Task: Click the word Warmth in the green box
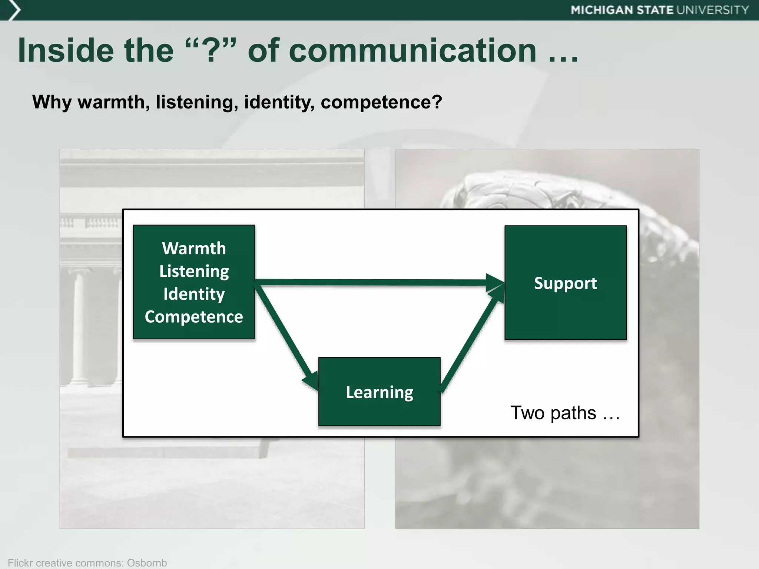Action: pos(194,248)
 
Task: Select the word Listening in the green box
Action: pos(194,271)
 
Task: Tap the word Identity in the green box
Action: pos(194,294)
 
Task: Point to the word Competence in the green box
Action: pos(194,317)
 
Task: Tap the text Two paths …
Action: pos(565,413)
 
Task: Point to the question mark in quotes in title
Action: pos(210,51)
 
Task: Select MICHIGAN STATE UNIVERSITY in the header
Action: pos(660,10)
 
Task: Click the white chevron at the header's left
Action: pos(14,10)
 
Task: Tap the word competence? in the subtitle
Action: pos(381,102)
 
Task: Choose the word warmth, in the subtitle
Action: pos(113,102)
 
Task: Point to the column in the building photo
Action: pos(79,326)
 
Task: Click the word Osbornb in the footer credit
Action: pos(147,563)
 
